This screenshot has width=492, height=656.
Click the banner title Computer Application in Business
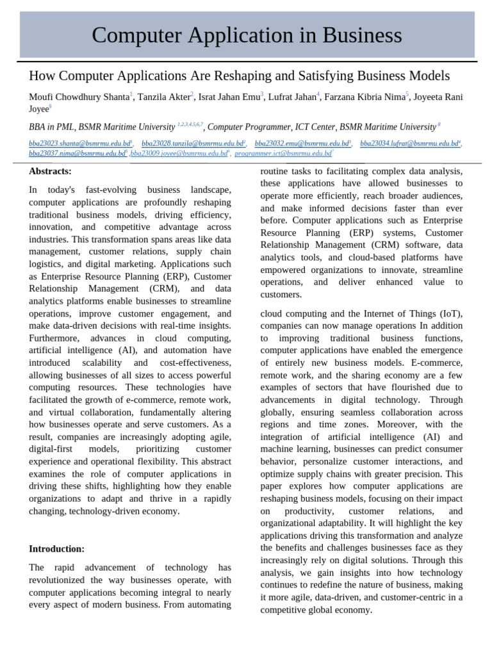click(247, 35)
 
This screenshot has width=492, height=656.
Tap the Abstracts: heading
click(50, 171)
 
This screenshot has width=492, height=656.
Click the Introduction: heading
click(56, 549)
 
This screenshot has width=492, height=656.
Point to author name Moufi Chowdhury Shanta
click(79, 97)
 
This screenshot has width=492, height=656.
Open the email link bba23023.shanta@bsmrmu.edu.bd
click(79, 143)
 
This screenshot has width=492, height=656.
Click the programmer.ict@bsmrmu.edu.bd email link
click(283, 154)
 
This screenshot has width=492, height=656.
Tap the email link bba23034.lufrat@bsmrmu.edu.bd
click(409, 143)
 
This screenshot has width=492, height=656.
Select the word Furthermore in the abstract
click(54, 338)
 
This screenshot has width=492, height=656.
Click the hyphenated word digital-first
click(54, 450)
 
